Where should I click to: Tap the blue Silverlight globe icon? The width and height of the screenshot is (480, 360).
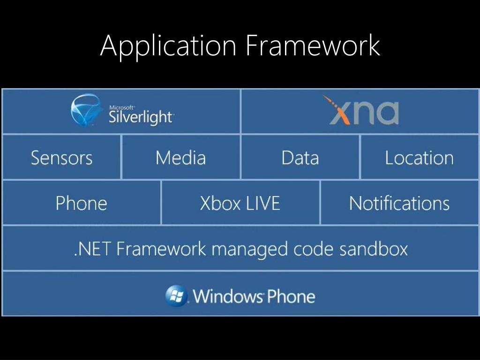[x=86, y=111]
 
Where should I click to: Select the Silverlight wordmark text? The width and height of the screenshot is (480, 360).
[x=141, y=117]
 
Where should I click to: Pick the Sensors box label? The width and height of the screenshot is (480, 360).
[x=61, y=157]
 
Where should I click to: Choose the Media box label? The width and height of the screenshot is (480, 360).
[x=180, y=157]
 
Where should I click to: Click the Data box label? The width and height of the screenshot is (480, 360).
[x=300, y=157]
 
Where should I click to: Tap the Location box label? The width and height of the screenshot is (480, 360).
[x=419, y=157]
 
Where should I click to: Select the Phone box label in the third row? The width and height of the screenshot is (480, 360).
[x=81, y=203]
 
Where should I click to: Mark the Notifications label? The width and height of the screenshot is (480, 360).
[x=399, y=203]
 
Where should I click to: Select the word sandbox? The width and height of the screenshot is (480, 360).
[x=374, y=248]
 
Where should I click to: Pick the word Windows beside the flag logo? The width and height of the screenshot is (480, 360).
[x=228, y=296]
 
